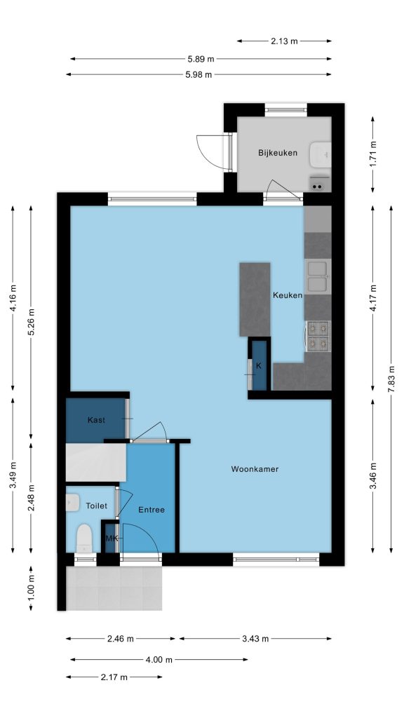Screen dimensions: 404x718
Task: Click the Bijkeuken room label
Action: (278, 152)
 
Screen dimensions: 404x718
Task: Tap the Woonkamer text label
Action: (255, 469)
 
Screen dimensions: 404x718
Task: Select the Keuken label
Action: (288, 295)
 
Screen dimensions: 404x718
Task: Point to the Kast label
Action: (96, 420)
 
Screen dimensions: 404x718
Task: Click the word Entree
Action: (151, 510)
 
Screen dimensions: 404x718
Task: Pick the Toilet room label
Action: (97, 506)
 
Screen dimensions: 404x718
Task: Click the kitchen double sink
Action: (318, 276)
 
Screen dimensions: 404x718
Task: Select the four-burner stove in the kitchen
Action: (318, 336)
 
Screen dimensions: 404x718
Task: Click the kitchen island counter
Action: (255, 299)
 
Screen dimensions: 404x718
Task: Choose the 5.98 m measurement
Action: (198, 74)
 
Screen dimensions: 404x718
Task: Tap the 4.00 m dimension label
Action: (159, 660)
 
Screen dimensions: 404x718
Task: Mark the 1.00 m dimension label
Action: (31, 588)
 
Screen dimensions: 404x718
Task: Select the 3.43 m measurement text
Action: (255, 639)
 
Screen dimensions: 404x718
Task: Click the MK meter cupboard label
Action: (112, 538)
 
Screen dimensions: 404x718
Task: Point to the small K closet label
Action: (259, 365)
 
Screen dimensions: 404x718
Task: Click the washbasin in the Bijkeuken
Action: (320, 155)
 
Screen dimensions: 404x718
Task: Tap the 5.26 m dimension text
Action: (31, 323)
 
